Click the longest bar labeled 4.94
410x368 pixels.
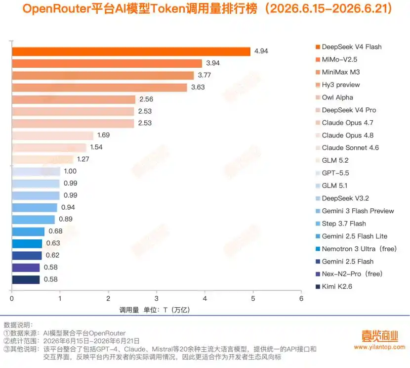(x=131, y=51)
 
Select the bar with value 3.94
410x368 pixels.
(x=107, y=64)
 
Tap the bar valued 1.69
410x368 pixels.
(x=53, y=136)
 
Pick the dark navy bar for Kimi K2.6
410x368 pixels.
(x=26, y=279)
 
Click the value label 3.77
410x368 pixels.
(x=204, y=75)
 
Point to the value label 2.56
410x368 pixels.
(x=146, y=99)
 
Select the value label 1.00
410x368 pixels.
(x=70, y=171)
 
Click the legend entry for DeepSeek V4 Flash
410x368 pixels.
(x=349, y=47)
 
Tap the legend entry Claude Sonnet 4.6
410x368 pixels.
(x=347, y=147)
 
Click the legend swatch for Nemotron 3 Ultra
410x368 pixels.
(x=318, y=249)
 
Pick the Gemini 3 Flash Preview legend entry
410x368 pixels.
(x=355, y=211)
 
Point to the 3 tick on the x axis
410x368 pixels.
(x=157, y=298)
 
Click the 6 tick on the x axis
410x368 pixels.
(x=301, y=298)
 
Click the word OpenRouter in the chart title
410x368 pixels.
(x=56, y=8)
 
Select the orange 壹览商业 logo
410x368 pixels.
(x=380, y=336)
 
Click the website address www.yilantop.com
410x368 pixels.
(x=380, y=347)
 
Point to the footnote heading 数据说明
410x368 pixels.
(x=18, y=325)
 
